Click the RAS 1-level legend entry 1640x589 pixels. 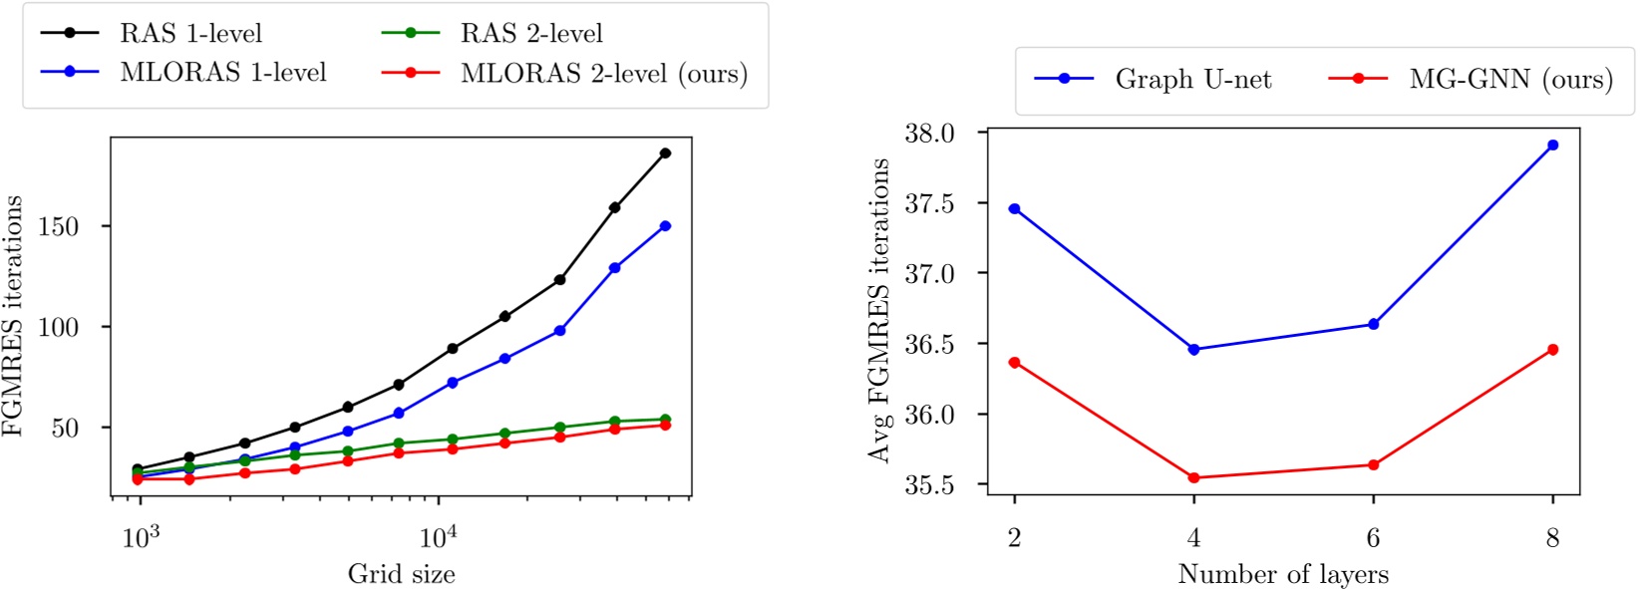point(190,33)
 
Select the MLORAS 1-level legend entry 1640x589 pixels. point(222,72)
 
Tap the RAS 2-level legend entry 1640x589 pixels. point(530,33)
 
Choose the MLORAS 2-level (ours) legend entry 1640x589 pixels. point(603,73)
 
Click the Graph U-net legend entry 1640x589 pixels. point(1192,79)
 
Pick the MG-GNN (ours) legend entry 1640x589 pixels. point(1510,79)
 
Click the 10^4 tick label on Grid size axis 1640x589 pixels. point(438,538)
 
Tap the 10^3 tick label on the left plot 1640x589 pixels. point(141,538)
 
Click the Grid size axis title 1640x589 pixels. point(401,574)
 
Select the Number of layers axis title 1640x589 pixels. point(1283,574)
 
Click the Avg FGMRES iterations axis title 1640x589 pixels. point(878,310)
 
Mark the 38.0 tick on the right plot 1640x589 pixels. point(929,133)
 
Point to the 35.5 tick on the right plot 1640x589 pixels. point(929,484)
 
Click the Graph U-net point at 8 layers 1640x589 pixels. point(1552,145)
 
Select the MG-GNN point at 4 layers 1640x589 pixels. point(1193,477)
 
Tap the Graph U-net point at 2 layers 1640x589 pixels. point(1014,208)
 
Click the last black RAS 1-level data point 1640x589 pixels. point(665,152)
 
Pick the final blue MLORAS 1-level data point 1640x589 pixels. point(665,226)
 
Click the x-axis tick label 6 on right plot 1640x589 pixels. point(1373,538)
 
